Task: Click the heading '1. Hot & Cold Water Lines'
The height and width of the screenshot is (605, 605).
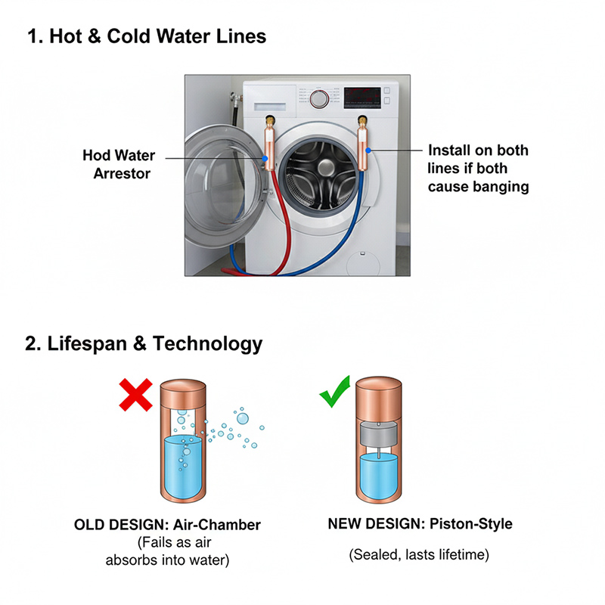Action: (x=147, y=36)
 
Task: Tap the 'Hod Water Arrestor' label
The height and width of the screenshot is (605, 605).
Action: (x=119, y=164)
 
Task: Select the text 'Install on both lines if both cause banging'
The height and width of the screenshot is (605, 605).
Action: (x=478, y=168)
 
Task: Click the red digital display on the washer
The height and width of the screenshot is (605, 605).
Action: (x=361, y=96)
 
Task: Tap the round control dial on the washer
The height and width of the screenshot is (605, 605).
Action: (x=319, y=98)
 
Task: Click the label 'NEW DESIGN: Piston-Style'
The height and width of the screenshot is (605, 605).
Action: (x=419, y=523)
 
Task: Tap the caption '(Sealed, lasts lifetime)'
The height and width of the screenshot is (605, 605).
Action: (x=419, y=555)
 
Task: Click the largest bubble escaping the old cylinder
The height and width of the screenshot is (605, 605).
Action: (x=242, y=417)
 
